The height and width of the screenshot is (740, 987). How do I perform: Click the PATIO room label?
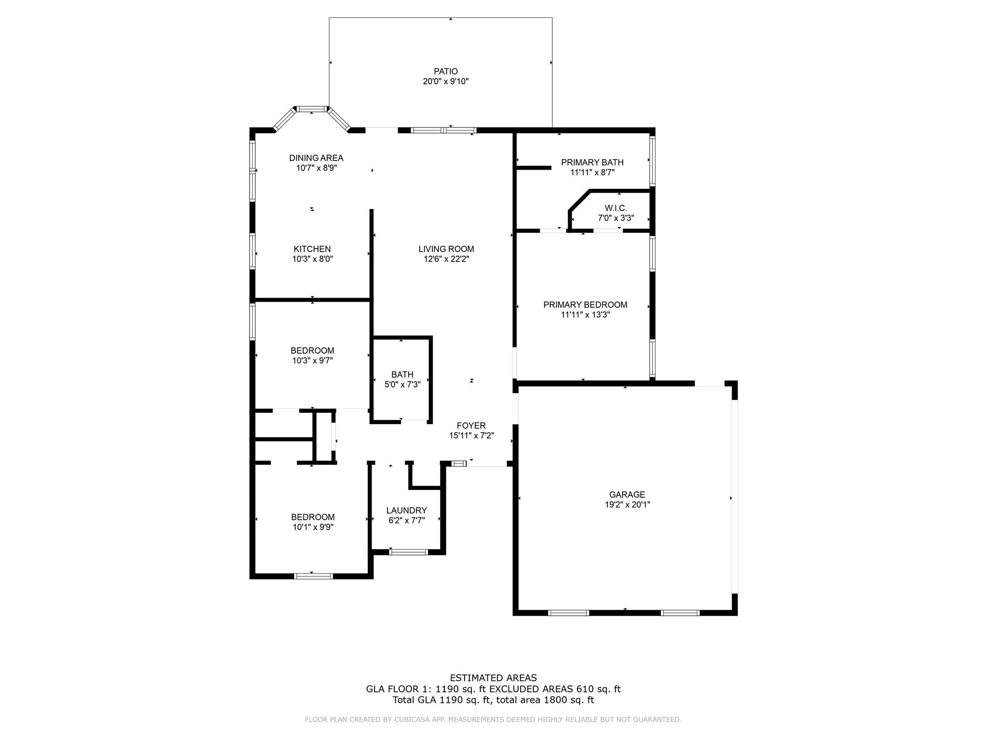[x=445, y=71]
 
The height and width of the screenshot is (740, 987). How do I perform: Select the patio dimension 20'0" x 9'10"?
[x=445, y=81]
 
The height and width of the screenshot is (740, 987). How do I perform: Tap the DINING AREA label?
[x=316, y=158]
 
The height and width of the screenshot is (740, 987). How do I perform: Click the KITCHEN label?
[x=312, y=249]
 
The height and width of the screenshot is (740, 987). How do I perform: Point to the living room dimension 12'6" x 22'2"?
[x=446, y=259]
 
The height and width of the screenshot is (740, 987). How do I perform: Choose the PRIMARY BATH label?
[x=592, y=162]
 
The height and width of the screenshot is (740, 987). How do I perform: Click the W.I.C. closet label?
[x=615, y=208]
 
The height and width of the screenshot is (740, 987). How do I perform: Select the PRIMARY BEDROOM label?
[x=585, y=304]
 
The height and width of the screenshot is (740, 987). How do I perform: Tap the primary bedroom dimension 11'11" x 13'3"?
[x=585, y=315]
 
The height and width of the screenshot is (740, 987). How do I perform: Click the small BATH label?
[x=402, y=374]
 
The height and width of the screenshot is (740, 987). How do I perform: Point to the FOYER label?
[x=471, y=425]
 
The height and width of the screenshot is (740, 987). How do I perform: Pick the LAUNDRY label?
[x=406, y=510]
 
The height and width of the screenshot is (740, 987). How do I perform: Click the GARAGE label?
[x=627, y=494]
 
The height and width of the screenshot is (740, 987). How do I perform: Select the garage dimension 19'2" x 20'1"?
[x=627, y=505]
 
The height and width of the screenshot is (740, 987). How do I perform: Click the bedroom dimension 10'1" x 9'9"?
[x=313, y=527]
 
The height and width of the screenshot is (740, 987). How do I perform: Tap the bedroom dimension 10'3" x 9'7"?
[x=312, y=360]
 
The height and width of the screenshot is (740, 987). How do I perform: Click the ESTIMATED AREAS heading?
[x=493, y=678]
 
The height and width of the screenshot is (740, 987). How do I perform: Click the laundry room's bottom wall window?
[x=408, y=552]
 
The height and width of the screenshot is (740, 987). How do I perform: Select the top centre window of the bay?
[x=311, y=109]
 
